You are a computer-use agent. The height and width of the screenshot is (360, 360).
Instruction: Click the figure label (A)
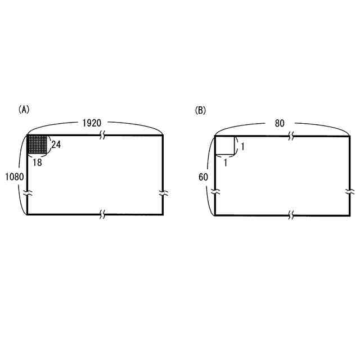pyautogui.click(x=24, y=110)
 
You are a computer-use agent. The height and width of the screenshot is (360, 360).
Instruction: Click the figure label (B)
pyautogui.click(x=200, y=110)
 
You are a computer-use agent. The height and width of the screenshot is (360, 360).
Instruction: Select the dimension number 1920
pyautogui.click(x=92, y=123)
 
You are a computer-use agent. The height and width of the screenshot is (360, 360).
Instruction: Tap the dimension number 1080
pyautogui.click(x=15, y=177)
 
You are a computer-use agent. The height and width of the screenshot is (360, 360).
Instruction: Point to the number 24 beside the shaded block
pyautogui.click(x=56, y=145)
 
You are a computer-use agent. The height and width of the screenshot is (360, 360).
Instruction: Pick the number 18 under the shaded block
pyautogui.click(x=37, y=163)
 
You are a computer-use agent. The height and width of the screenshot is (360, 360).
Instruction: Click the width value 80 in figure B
pyautogui.click(x=280, y=123)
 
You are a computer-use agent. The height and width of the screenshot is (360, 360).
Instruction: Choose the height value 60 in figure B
pyautogui.click(x=203, y=177)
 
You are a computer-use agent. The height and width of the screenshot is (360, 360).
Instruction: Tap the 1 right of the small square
pyautogui.click(x=242, y=146)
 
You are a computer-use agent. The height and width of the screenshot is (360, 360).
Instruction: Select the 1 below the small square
pyautogui.click(x=226, y=163)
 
